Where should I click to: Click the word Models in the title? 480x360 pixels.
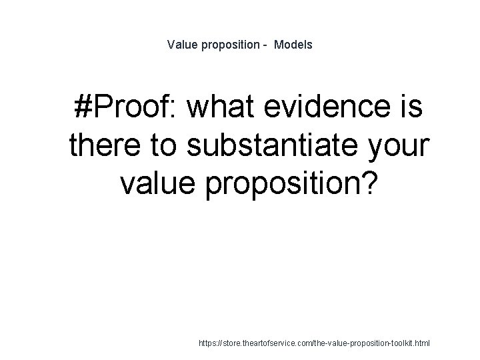click(x=293, y=45)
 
